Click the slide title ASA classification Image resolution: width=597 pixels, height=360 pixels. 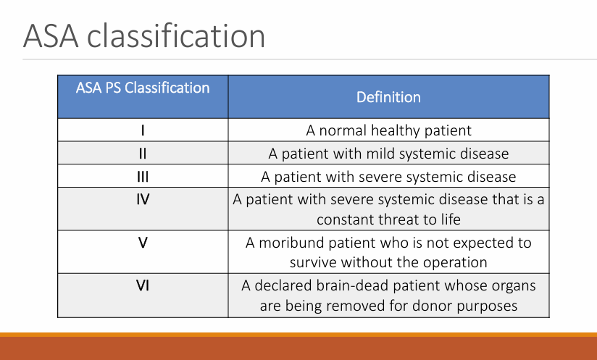(x=143, y=35)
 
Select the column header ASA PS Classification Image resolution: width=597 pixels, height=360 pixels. (x=143, y=88)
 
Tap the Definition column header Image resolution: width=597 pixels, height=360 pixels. (x=388, y=96)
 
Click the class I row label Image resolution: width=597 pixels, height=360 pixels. (x=143, y=131)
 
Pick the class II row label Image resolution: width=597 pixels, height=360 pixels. (x=143, y=154)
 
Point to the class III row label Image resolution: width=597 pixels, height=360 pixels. (x=143, y=177)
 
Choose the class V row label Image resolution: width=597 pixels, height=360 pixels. (x=143, y=242)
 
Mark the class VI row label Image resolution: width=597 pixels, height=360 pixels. (x=143, y=285)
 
